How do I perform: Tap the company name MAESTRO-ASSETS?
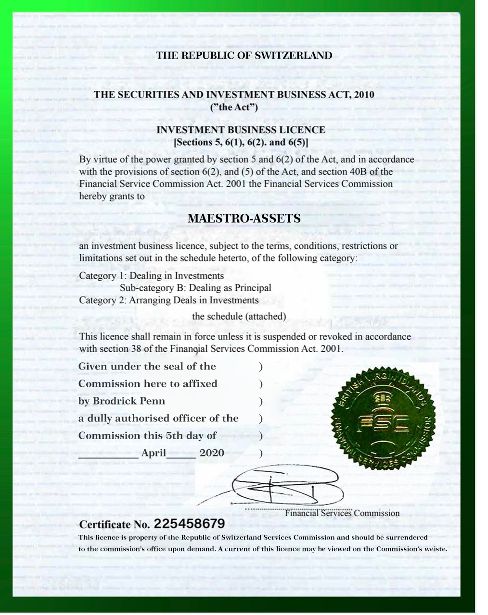[x=244, y=219]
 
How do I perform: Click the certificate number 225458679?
[x=190, y=523]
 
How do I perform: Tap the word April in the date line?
[x=154, y=453]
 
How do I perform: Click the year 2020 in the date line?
[x=212, y=453]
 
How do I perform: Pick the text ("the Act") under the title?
[x=234, y=107]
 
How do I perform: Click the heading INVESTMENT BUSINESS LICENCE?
[x=241, y=130]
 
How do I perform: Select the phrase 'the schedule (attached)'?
[x=239, y=316]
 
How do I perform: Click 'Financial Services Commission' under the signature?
[x=342, y=513]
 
